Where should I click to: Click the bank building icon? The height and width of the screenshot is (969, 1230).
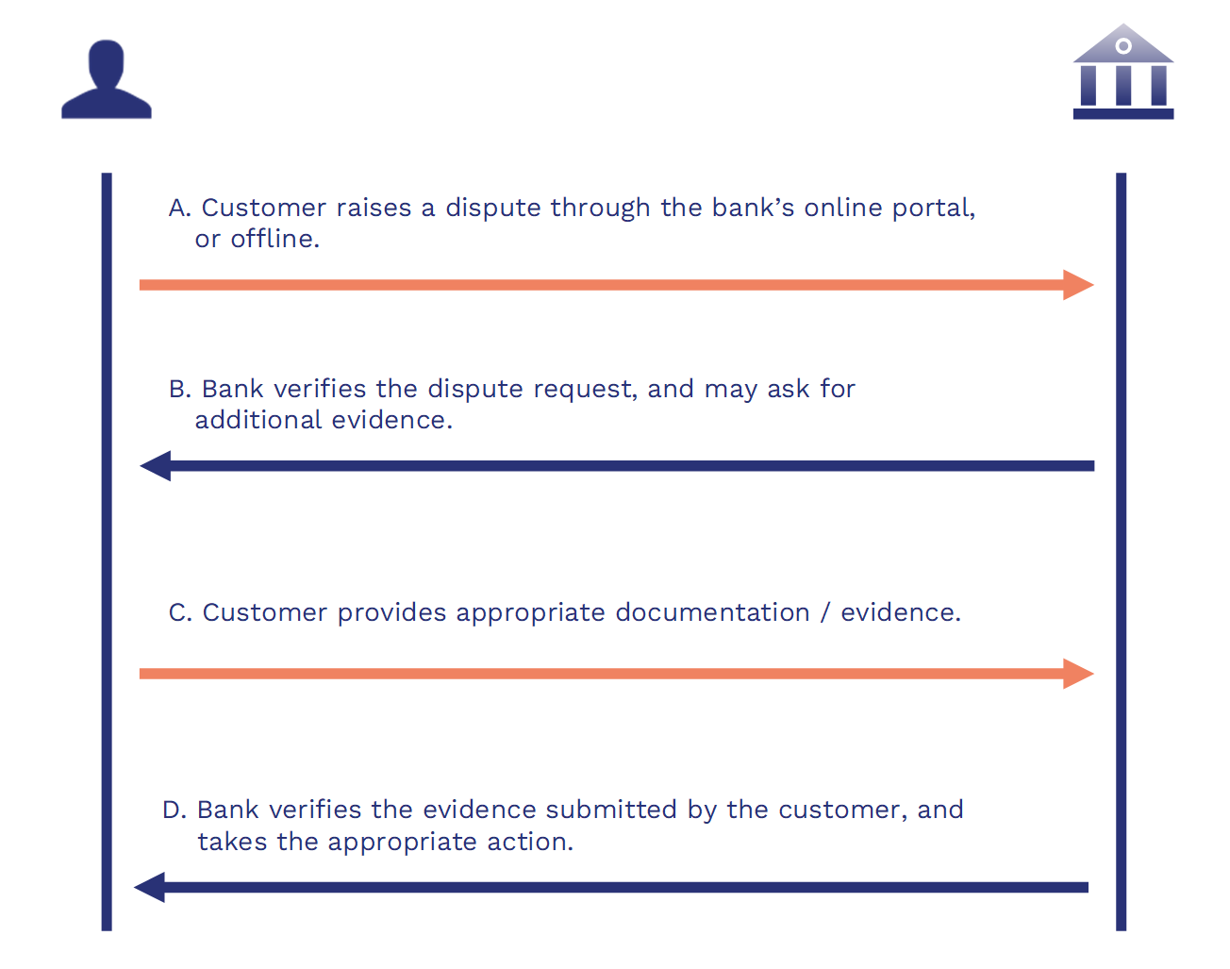pyautogui.click(x=1122, y=74)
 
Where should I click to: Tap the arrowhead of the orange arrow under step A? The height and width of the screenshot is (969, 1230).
pyautogui.click(x=1078, y=285)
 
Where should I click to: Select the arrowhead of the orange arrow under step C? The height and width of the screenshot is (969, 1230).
pyautogui.click(x=1078, y=674)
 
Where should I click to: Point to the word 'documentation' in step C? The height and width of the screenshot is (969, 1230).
pyautogui.click(x=712, y=613)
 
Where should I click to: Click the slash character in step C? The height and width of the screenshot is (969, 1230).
pyautogui.click(x=825, y=613)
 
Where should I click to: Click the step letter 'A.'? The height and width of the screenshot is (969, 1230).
pyautogui.click(x=179, y=209)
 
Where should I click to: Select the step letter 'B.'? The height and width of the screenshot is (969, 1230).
pyautogui.click(x=180, y=390)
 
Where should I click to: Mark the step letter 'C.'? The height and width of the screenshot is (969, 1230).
pyautogui.click(x=180, y=613)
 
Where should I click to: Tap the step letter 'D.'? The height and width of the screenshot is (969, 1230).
pyautogui.click(x=175, y=810)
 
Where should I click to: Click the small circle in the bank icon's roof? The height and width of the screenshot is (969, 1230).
pyautogui.click(x=1122, y=45)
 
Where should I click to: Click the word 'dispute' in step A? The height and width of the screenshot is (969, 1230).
pyautogui.click(x=493, y=209)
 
